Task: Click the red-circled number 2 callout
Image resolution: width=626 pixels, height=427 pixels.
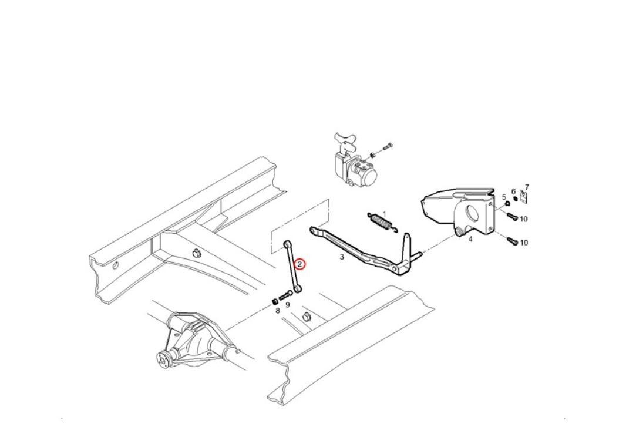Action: tap(299, 264)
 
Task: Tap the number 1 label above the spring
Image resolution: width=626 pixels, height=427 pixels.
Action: tap(385, 214)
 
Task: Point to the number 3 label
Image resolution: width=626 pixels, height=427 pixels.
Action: tap(342, 257)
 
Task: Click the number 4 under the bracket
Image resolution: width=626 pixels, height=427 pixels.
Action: tap(470, 239)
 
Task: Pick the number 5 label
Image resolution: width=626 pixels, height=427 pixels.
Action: tap(504, 197)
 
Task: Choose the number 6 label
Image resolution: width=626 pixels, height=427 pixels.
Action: tap(514, 191)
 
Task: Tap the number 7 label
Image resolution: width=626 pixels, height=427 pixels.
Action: tap(527, 187)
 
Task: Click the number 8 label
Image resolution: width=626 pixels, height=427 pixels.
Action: tap(277, 310)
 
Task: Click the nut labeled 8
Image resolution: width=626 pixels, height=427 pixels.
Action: tap(275, 301)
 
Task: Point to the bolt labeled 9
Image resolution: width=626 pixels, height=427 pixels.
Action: tap(286, 296)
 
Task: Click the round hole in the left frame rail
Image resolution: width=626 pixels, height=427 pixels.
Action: tap(115, 265)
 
